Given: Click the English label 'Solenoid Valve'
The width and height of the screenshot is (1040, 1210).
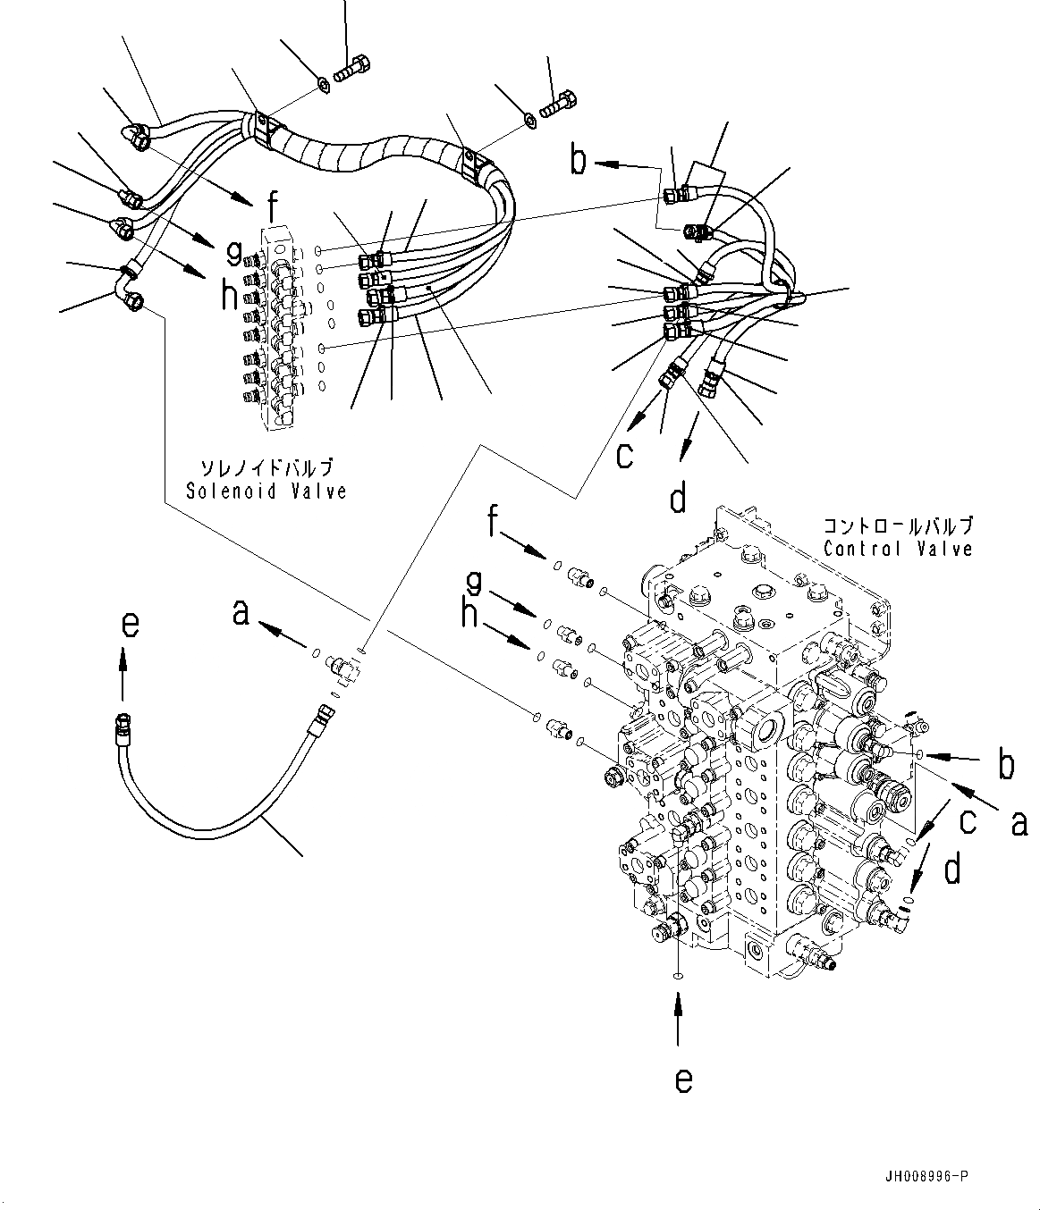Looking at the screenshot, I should click(266, 491).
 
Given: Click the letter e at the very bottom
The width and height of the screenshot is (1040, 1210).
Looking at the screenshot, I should click(683, 1080).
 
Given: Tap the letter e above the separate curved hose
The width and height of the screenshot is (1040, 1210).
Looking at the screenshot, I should click(130, 624).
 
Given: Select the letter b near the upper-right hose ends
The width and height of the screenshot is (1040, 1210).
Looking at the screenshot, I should click(579, 161).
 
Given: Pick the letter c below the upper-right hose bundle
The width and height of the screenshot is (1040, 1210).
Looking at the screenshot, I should click(623, 455).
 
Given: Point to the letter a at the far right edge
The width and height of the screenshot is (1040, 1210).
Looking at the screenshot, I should click(1019, 822).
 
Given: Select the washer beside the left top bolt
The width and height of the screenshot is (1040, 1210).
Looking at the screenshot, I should click(321, 85).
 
